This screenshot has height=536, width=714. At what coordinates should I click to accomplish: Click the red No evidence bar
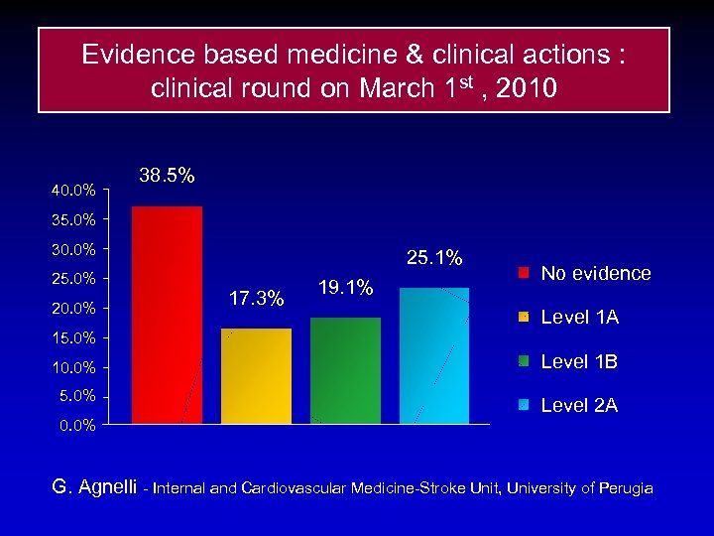point(167,316)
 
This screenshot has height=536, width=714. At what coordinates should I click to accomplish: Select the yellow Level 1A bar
point(256,376)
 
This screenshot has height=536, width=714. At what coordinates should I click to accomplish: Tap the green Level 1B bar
point(345,370)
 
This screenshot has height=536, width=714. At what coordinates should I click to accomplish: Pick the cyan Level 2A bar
point(434,355)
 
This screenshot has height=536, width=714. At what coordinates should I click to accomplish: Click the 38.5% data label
point(167,176)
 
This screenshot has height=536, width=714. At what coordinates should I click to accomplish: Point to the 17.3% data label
point(256,298)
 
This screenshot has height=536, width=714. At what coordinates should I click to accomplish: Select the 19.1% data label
point(345,288)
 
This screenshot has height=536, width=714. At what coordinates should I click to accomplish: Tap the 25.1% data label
point(434,258)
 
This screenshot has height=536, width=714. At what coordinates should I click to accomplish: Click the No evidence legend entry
point(595,273)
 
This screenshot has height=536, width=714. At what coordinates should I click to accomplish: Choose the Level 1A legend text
point(579,318)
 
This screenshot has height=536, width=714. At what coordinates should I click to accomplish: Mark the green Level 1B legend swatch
point(524,361)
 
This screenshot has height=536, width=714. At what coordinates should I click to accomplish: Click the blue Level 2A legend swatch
point(524,405)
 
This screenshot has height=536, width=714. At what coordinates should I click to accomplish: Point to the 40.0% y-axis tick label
point(73,190)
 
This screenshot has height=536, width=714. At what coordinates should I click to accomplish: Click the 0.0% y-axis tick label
point(77,426)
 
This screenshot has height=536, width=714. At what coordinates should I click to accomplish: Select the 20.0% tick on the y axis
point(73,309)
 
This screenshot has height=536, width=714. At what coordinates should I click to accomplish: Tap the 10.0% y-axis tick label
point(73,368)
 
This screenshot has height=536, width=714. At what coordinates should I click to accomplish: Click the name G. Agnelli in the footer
point(95,487)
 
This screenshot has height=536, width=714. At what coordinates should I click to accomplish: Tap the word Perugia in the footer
point(623,488)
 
